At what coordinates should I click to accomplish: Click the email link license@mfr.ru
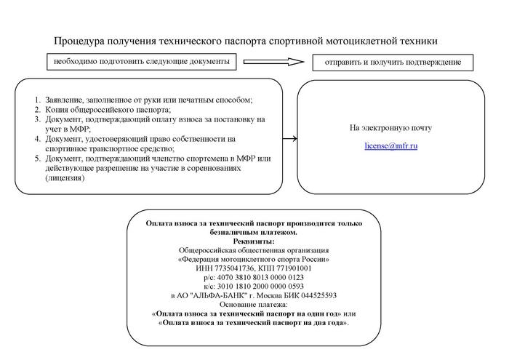[x=390, y=146]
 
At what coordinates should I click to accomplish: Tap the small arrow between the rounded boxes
[x=289, y=138]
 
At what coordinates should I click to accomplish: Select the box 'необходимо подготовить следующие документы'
[x=142, y=62]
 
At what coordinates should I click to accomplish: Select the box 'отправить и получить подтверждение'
[x=393, y=63]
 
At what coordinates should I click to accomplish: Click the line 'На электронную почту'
[x=390, y=128]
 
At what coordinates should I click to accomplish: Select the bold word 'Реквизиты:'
[x=254, y=241]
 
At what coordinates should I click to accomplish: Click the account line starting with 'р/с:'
[x=254, y=277]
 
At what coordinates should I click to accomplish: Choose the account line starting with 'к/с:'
[x=254, y=286]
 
